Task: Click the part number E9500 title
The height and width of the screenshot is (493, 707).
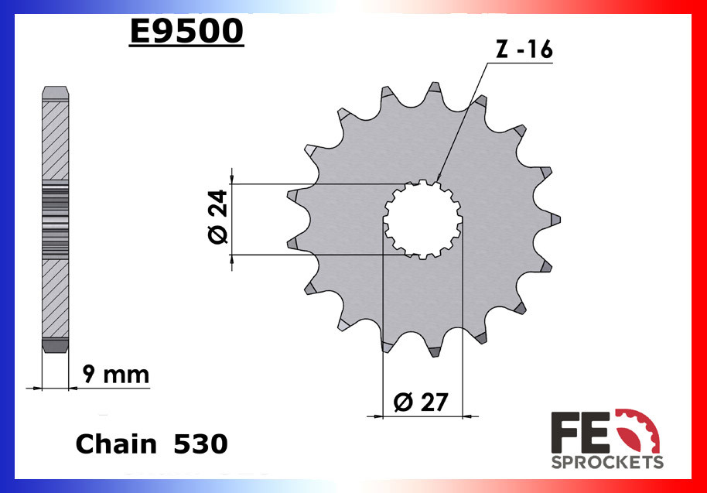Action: pos(186,32)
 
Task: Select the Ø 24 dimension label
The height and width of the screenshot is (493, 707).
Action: pos(218,217)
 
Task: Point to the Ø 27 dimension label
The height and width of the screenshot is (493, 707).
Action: pos(423,402)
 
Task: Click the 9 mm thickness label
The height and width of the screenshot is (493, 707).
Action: pos(115,375)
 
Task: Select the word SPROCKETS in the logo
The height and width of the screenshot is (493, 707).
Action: pos(606,462)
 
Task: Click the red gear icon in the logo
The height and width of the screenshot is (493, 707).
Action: pos(639,430)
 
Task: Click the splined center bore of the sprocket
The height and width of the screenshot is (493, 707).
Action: pos(423,219)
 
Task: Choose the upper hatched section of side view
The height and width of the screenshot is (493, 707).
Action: pos(54,143)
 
